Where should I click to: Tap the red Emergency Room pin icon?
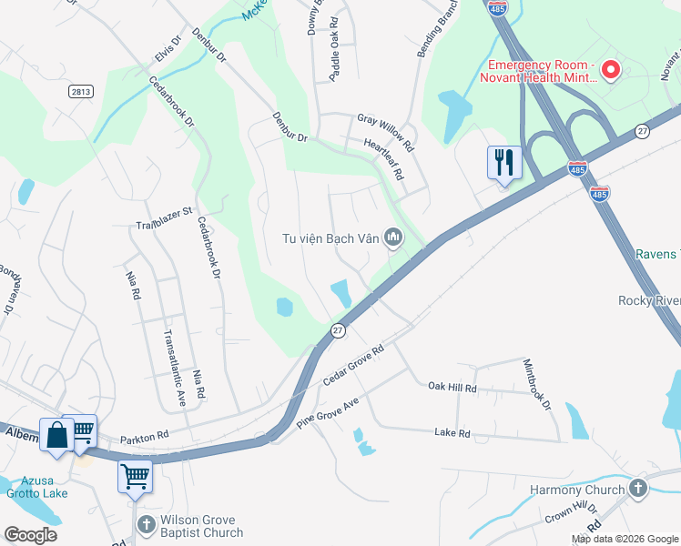click(611, 69)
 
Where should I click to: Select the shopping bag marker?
click(56, 435)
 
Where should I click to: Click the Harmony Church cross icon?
click(639, 490)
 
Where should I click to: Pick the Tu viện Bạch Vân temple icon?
click(393, 238)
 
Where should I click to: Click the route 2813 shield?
click(80, 91)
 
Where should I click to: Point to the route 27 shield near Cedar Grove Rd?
click(338, 329)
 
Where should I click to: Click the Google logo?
click(30, 534)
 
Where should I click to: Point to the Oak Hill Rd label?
click(452, 387)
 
